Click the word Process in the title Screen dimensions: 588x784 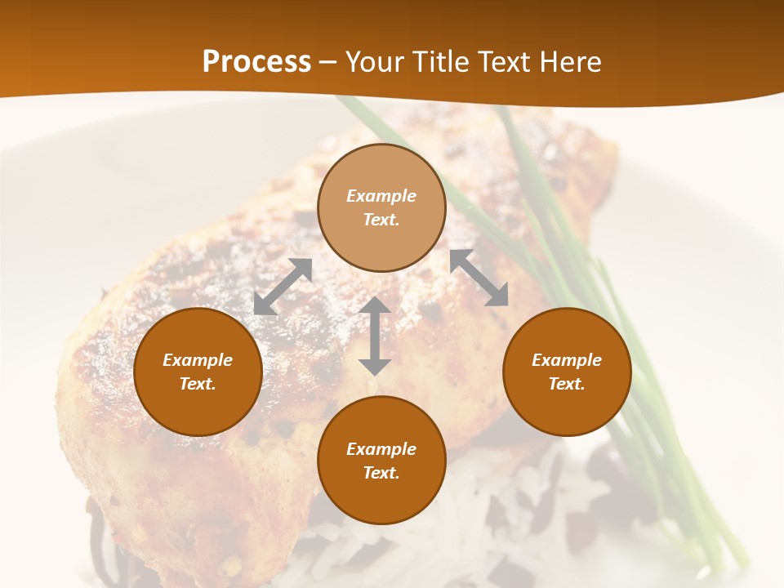pos(256,62)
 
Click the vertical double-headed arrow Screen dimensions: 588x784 pos(375,336)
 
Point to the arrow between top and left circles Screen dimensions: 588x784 pos(283,287)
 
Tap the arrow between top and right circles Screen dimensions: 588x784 pos(479,278)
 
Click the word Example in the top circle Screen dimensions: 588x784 pos(381,196)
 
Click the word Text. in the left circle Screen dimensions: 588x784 pos(198,384)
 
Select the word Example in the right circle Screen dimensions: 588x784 pos(567,360)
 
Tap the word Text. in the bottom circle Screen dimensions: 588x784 pos(381,473)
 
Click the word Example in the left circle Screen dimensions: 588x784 pos(198,360)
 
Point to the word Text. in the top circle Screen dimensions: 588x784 pos(381,220)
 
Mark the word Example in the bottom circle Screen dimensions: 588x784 pos(381,449)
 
